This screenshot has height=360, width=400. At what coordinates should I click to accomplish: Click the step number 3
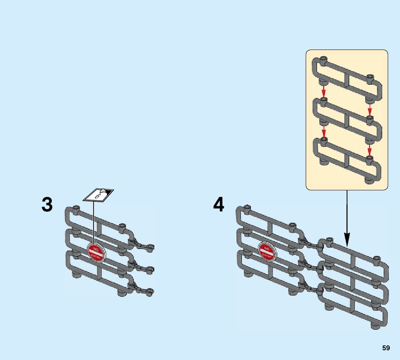click(47, 204)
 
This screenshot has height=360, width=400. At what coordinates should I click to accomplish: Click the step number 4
click(219, 204)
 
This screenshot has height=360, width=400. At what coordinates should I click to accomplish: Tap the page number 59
click(386, 348)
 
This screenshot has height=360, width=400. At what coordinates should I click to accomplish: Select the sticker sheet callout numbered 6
click(98, 195)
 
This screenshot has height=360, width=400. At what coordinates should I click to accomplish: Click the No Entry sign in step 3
click(96, 252)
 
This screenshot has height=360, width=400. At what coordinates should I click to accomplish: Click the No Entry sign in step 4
click(267, 252)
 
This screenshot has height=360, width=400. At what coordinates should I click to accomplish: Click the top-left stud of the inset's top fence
click(324, 59)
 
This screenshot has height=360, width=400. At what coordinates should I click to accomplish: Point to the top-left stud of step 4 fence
click(247, 208)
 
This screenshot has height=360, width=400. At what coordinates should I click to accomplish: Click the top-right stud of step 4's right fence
click(377, 259)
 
